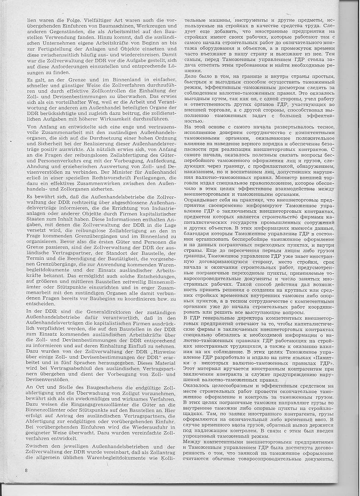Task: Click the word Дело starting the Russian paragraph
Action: click(x=192, y=76)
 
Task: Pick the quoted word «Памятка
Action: click(x=312, y=358)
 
